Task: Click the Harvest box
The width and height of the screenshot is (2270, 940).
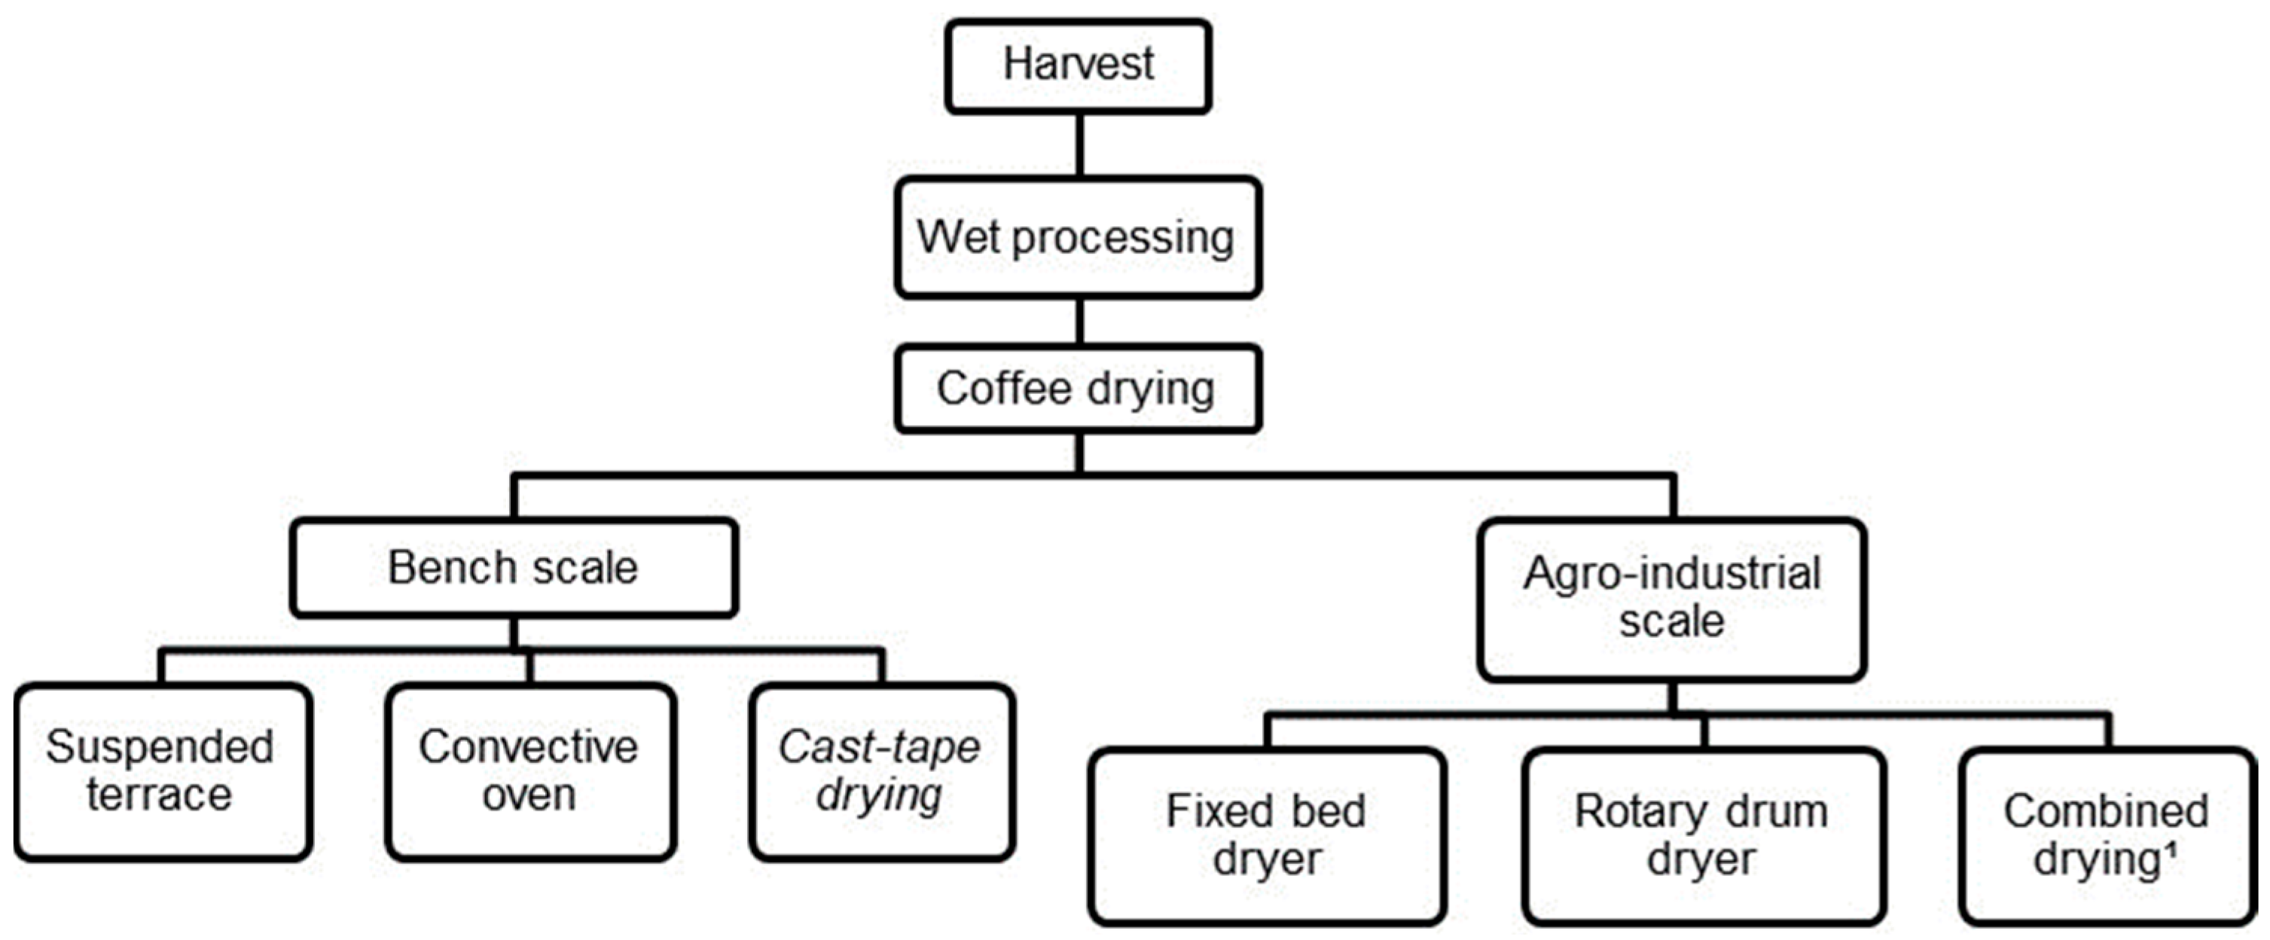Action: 1078,67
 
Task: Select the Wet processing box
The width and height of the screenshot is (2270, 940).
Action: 1078,238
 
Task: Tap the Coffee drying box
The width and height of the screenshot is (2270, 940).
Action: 1078,389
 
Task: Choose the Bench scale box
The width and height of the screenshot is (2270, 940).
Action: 514,567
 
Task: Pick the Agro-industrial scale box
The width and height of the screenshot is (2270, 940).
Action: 1672,599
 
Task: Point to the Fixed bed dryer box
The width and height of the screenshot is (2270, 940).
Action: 1266,835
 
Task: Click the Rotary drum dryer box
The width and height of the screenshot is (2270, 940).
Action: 1702,835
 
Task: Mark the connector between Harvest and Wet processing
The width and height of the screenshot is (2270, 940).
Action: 1079,145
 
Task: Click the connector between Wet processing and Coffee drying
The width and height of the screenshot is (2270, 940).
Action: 1079,321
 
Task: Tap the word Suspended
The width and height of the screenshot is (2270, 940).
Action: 160,747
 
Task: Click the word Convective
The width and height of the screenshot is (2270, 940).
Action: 529,747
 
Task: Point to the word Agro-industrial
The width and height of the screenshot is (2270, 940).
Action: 1672,575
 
